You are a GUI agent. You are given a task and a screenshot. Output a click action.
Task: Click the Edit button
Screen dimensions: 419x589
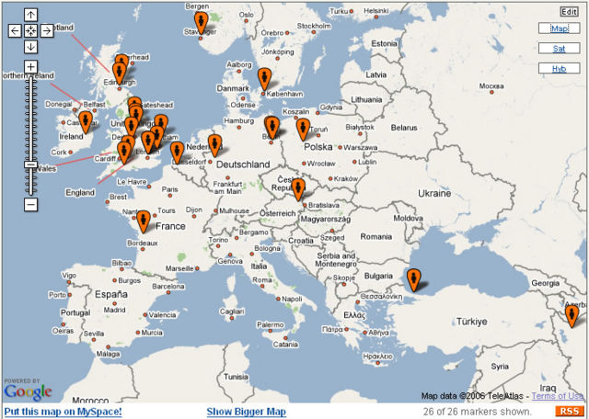(569, 11)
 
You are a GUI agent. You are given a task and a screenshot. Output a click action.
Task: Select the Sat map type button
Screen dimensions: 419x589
(559, 49)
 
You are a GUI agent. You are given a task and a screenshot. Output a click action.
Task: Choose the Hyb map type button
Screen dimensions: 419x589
(559, 68)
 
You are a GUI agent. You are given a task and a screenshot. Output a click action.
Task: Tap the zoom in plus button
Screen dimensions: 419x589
(30, 67)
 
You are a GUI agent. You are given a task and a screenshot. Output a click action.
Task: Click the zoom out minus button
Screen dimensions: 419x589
(30, 204)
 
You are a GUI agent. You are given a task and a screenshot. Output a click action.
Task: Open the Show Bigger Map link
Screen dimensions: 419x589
(246, 412)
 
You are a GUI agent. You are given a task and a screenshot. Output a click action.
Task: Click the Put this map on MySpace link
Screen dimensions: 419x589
(63, 412)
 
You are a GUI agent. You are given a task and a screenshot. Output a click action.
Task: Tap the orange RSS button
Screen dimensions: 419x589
(570, 411)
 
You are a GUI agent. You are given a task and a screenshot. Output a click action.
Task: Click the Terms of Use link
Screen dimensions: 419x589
(558, 396)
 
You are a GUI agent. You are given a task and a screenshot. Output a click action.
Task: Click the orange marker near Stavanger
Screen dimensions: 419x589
(201, 22)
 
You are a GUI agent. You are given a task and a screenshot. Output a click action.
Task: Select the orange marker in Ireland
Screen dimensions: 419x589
(86, 121)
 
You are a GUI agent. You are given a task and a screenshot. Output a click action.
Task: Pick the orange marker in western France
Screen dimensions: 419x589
(143, 221)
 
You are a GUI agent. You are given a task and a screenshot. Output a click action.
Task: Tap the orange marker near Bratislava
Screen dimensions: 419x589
(299, 189)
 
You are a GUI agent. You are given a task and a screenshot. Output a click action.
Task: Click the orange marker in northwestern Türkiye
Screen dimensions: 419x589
(414, 277)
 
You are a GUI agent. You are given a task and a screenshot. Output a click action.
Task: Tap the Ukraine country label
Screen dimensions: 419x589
(435, 194)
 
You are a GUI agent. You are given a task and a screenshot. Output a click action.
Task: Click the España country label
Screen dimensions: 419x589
(110, 295)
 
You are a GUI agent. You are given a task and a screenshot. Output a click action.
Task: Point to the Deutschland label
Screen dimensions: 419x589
(243, 164)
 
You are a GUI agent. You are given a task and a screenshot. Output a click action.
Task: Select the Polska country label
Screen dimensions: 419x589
(318, 147)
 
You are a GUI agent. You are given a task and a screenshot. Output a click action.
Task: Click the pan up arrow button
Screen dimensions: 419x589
(30, 15)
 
